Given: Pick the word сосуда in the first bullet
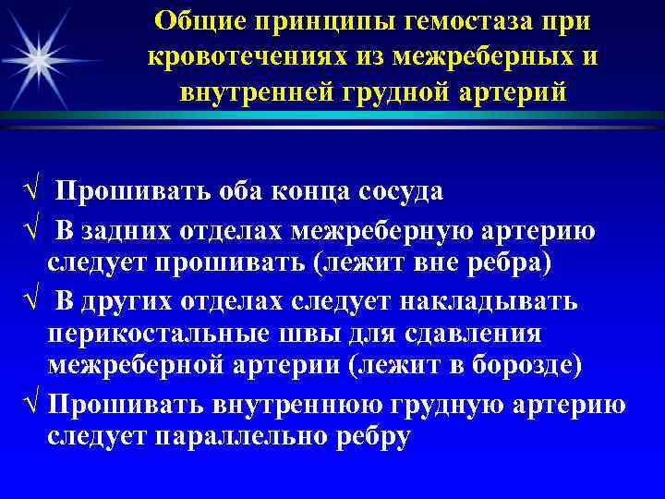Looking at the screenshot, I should coord(397,190).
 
